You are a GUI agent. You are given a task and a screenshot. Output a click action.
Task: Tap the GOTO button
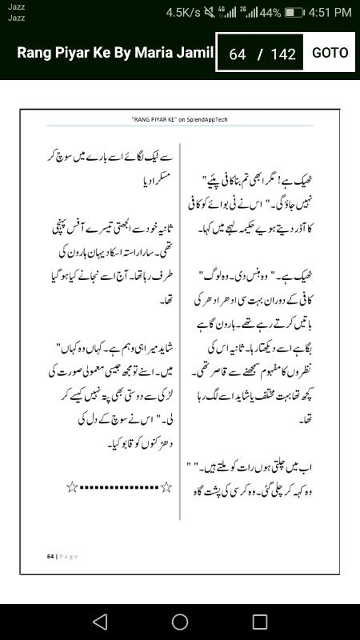pyautogui.click(x=330, y=53)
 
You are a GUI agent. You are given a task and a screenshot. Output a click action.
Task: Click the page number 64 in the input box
pyautogui.click(x=237, y=54)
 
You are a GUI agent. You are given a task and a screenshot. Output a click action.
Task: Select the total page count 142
pyautogui.click(x=283, y=54)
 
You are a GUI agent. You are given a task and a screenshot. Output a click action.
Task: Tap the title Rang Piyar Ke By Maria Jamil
pyautogui.click(x=116, y=53)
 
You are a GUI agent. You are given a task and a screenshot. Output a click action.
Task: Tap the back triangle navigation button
pyautogui.click(x=99, y=622)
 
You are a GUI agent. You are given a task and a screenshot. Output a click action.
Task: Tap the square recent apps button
pyautogui.click(x=259, y=622)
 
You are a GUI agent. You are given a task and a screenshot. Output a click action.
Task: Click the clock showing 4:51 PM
pyautogui.click(x=330, y=12)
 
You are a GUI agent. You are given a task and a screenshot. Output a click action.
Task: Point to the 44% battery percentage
pyautogui.click(x=270, y=13)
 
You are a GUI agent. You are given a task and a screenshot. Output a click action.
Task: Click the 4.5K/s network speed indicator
pyautogui.click(x=186, y=12)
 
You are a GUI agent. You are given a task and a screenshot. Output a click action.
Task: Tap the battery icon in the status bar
pyautogui.click(x=294, y=13)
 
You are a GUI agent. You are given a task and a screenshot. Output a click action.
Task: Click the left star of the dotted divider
pyautogui.click(x=72, y=486)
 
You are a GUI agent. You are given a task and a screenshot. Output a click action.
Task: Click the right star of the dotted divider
pyautogui.click(x=166, y=486)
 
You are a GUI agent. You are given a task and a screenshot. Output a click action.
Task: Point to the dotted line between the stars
pyautogui.click(x=119, y=486)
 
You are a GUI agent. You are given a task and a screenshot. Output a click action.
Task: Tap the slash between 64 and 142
pyautogui.click(x=259, y=54)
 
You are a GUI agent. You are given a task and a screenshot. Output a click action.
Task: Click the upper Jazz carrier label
pyautogui.click(x=16, y=6)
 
